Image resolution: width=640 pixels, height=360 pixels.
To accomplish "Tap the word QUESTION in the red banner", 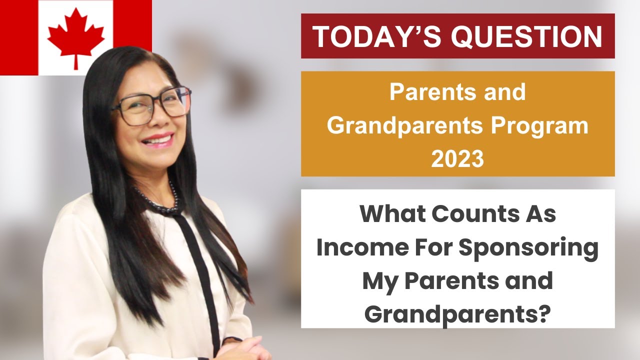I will click(528, 36).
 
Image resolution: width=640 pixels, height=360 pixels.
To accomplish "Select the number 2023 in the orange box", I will click(457, 159).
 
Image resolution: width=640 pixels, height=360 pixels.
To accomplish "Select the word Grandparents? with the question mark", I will click(457, 314).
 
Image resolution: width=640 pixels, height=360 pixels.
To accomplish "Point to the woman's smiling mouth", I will click(157, 139).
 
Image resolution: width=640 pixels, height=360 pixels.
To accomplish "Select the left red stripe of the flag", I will click(18, 37).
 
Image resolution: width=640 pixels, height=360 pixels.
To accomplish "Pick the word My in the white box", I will click(378, 281).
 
